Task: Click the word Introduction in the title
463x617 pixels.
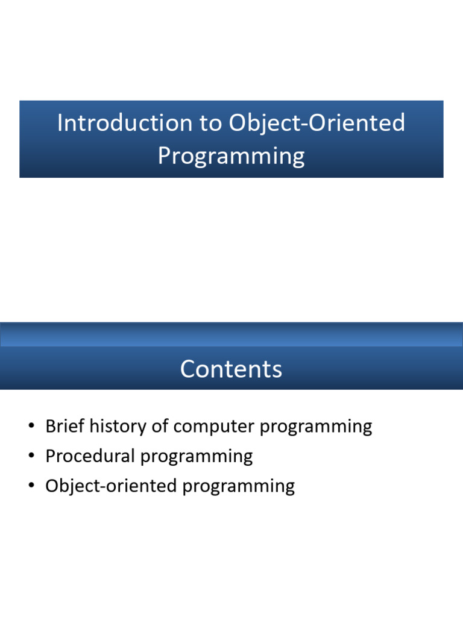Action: pyautogui.click(x=125, y=122)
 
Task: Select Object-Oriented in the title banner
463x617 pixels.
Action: pyautogui.click(x=317, y=123)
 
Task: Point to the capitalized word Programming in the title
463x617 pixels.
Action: pyautogui.click(x=231, y=156)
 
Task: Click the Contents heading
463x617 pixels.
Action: pyautogui.click(x=231, y=369)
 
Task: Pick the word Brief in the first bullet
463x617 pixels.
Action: pyautogui.click(x=65, y=426)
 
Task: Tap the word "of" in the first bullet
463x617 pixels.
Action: pyautogui.click(x=160, y=426)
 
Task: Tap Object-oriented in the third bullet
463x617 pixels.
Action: pyautogui.click(x=111, y=486)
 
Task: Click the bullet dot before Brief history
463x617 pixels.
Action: pyautogui.click(x=31, y=426)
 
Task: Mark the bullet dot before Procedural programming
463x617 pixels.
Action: pyautogui.click(x=31, y=456)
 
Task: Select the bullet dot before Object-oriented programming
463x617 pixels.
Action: pyautogui.click(x=31, y=486)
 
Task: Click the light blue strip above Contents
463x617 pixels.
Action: pyautogui.click(x=231, y=335)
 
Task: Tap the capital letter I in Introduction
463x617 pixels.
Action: pyautogui.click(x=60, y=123)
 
